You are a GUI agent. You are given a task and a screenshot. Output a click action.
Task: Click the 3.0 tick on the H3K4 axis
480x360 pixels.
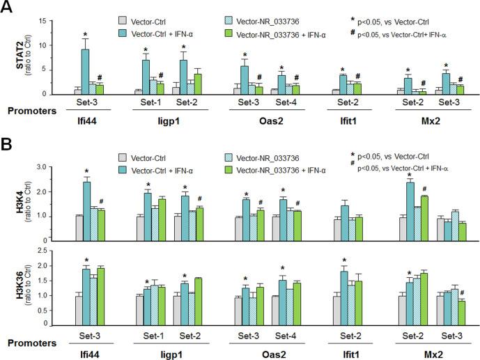(x=41, y=167)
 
